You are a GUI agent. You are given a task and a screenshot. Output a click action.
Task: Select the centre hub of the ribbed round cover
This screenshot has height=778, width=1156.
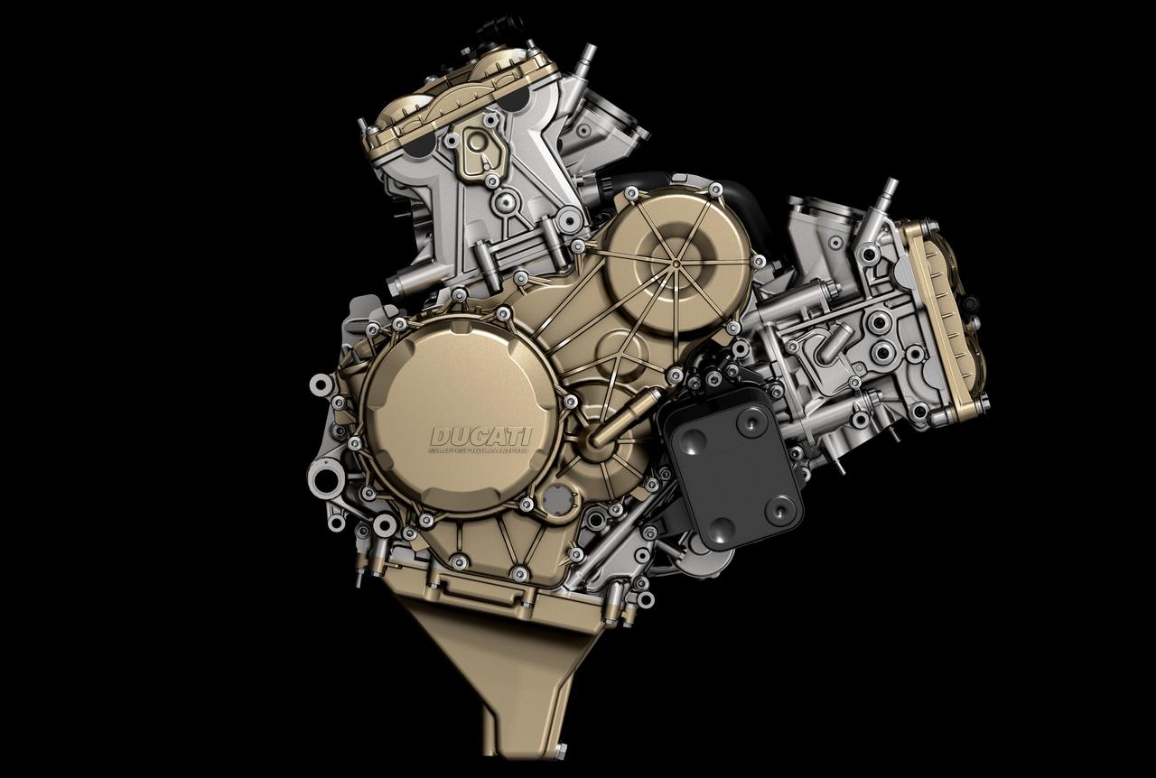pyautogui.click(x=675, y=262)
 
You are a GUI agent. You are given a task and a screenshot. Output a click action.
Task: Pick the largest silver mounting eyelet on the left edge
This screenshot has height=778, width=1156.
pyautogui.click(x=321, y=384)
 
